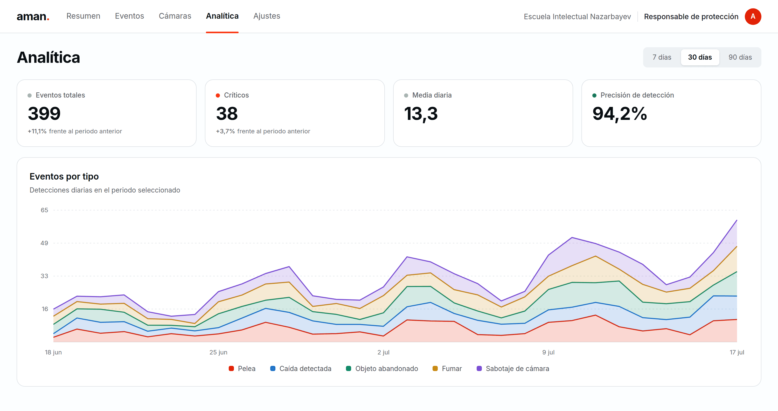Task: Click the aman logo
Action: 33,16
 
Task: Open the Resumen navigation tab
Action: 83,16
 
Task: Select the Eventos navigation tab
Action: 130,16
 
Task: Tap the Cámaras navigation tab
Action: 175,16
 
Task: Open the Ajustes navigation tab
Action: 267,16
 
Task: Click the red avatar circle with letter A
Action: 753,16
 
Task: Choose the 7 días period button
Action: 662,57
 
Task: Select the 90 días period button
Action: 740,57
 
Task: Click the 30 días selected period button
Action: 700,57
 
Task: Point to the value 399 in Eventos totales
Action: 44,114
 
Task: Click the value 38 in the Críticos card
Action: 227,114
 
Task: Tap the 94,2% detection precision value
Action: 620,114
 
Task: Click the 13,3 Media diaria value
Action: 421,114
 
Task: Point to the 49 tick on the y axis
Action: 44,243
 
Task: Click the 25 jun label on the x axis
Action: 218,352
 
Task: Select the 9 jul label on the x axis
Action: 548,352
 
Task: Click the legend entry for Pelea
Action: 242,368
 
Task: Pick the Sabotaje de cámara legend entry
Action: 513,368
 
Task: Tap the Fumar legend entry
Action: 447,368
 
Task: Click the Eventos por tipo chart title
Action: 64,176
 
